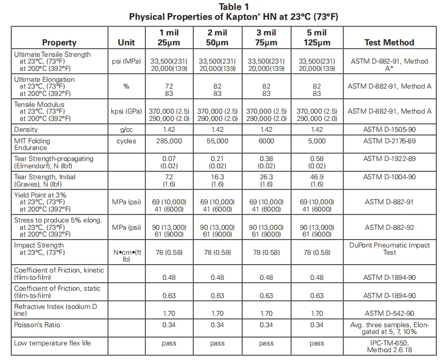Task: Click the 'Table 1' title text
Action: click(x=233, y=7)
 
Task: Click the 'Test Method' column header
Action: click(x=389, y=43)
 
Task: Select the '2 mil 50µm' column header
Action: click(x=217, y=38)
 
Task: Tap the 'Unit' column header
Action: click(x=127, y=43)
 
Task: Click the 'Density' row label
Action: click(x=26, y=129)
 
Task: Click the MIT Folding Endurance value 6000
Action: click(x=266, y=141)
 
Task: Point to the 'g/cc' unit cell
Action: click(x=127, y=129)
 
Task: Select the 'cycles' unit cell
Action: click(x=127, y=141)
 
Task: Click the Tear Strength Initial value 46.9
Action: click(x=317, y=177)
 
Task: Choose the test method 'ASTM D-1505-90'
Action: click(x=389, y=129)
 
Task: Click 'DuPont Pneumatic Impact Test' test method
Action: click(x=389, y=249)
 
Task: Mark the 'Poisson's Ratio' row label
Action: click(x=37, y=325)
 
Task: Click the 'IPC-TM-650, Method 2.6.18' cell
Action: click(x=389, y=346)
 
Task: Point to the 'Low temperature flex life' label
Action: click(x=53, y=343)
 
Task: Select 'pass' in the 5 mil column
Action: click(x=317, y=343)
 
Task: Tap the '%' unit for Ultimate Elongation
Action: click(x=127, y=86)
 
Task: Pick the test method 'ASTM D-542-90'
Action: click(x=389, y=314)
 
